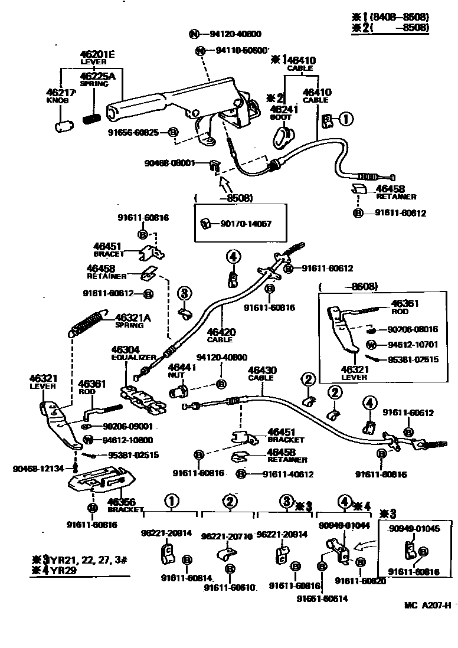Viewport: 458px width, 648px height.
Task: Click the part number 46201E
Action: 97,54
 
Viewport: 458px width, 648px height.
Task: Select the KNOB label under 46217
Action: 58,101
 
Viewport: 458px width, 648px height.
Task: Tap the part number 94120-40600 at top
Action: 234,34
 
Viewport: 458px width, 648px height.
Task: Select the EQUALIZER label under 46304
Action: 134,358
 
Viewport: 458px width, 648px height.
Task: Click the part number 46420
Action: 220,332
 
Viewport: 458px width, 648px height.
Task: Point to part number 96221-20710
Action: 227,536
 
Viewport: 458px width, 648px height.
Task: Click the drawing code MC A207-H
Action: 428,605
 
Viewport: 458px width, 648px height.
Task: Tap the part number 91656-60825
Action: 133,132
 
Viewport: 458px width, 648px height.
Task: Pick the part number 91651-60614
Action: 322,598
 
